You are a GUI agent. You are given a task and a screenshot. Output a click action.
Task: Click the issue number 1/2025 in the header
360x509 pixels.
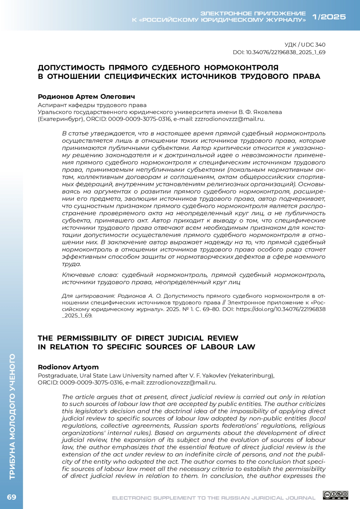[329, 17]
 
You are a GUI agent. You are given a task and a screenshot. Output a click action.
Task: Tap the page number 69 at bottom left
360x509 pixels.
[11, 497]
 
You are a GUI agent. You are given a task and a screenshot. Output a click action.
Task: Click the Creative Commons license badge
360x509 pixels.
[335, 495]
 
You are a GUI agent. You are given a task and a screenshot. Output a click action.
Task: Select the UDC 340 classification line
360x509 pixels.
[305, 45]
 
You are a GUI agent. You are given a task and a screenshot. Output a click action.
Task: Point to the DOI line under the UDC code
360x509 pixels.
[279, 52]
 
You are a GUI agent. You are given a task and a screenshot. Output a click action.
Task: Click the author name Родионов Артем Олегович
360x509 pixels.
[86, 97]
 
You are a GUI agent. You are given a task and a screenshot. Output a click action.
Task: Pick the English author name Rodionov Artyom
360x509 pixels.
[68, 367]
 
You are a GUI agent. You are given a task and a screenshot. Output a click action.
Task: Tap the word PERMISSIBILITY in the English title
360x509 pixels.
[87, 338]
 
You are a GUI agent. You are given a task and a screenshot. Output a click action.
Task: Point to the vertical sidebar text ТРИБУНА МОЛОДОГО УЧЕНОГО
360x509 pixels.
[12, 417]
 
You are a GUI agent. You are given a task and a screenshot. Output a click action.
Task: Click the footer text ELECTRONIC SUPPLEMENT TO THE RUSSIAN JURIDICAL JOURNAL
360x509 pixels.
[214, 498]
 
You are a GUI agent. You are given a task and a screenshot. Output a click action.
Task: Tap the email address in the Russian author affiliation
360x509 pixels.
[229, 119]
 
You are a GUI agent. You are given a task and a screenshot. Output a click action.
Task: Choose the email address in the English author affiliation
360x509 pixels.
[181, 382]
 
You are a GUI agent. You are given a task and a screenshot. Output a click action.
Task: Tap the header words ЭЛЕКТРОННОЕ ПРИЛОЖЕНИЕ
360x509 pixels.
[253, 13]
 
